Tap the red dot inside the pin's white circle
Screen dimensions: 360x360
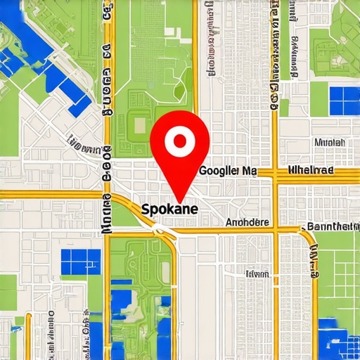180,141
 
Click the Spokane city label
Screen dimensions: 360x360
169,210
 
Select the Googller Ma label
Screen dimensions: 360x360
229,171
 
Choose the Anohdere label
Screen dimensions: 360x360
247,222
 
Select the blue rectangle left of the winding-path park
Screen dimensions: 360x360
80,262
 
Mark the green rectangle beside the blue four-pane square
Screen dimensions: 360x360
319,98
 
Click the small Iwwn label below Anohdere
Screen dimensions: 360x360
257,274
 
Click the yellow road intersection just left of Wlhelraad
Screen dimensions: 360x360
276,173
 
